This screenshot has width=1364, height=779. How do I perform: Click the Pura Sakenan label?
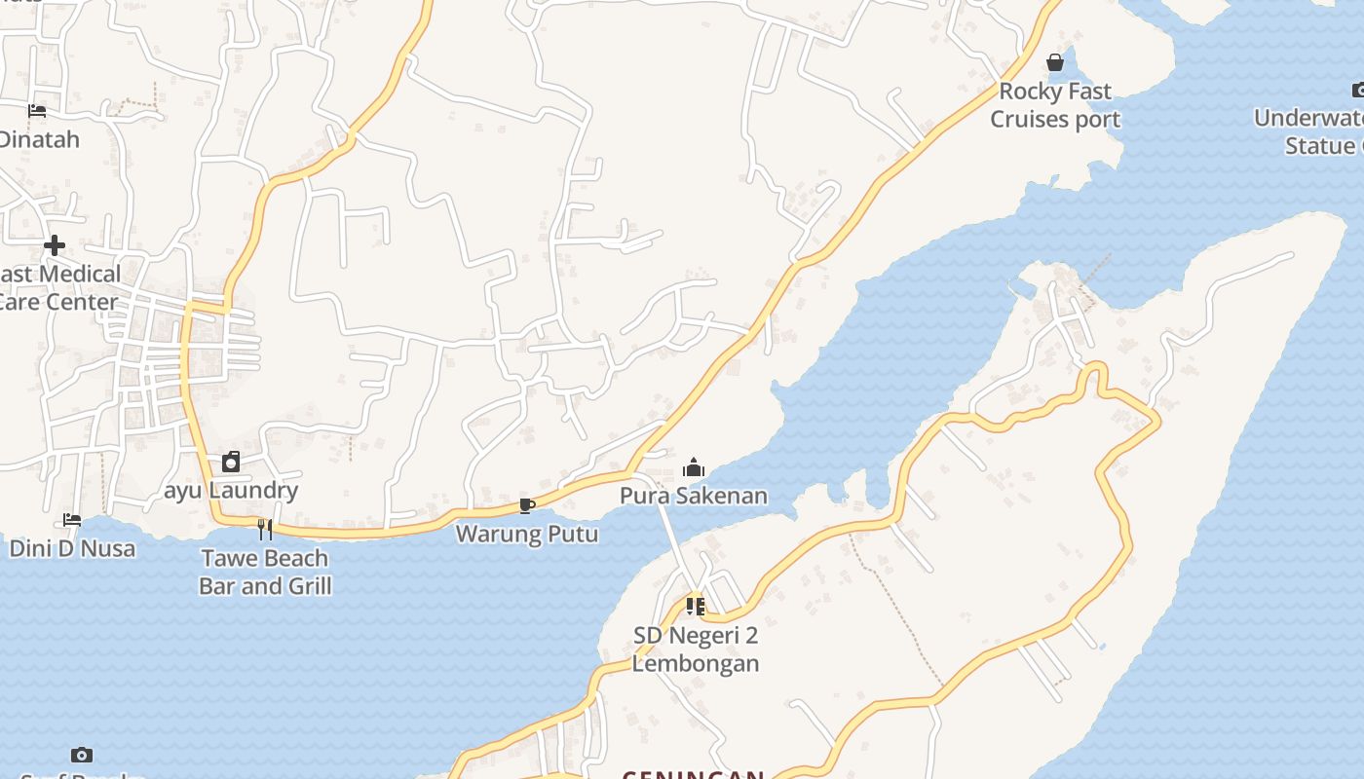(x=693, y=496)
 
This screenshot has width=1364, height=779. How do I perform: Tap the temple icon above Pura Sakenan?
(x=693, y=468)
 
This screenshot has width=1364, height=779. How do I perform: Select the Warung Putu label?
(x=527, y=534)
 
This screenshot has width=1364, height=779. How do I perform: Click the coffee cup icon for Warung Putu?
(x=526, y=505)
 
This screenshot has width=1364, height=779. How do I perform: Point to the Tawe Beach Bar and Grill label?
(x=265, y=572)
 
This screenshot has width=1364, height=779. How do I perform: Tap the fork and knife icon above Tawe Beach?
(x=264, y=530)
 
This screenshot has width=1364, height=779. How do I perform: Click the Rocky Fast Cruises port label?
(x=1055, y=105)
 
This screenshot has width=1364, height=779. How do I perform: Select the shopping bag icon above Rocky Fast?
(x=1054, y=63)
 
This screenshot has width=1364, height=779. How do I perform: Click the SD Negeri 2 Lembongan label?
(x=695, y=649)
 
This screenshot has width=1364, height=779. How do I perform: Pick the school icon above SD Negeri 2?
(x=695, y=607)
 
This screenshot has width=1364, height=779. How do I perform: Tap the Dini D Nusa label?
(x=72, y=548)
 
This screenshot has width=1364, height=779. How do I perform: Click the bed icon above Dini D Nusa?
(x=72, y=520)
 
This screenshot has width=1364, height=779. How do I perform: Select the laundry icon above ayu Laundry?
(x=231, y=462)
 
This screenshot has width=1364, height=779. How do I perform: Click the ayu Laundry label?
(x=231, y=490)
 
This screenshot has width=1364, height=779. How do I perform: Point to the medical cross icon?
(x=55, y=245)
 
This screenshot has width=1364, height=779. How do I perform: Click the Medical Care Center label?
(x=58, y=288)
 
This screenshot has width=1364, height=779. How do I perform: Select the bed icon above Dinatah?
(x=37, y=111)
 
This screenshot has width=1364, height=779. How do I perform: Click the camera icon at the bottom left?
(x=82, y=755)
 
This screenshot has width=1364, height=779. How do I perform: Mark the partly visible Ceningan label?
(x=693, y=774)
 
